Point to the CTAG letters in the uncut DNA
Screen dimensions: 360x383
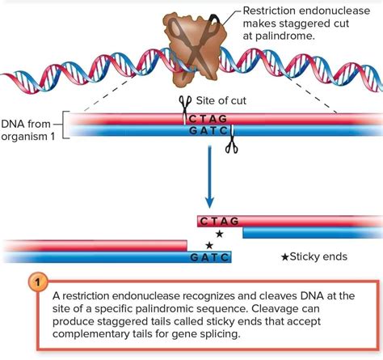[x=207, y=118]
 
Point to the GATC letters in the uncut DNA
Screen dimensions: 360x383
[x=207, y=129]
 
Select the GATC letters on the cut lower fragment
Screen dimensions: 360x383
[x=209, y=257]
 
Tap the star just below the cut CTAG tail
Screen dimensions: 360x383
[x=219, y=234]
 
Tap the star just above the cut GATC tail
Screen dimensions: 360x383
[x=209, y=244]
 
